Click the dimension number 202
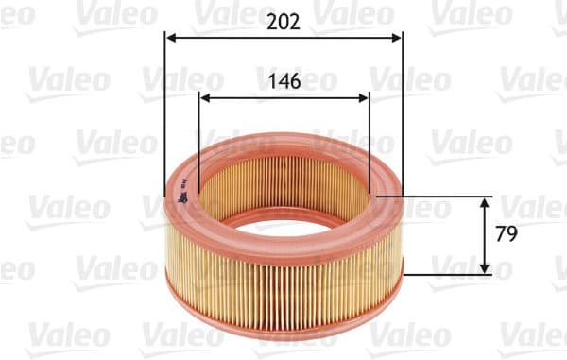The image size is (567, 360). (x=283, y=23)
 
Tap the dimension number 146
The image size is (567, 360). (x=283, y=81)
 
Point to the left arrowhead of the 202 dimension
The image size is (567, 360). (x=170, y=39)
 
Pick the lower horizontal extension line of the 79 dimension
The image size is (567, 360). (x=444, y=274)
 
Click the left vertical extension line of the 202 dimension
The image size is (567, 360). (x=164, y=113)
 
